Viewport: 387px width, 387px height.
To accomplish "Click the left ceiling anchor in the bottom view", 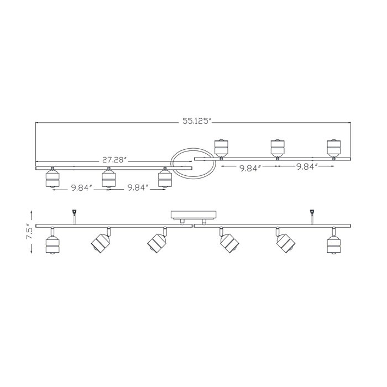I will tap(74, 215).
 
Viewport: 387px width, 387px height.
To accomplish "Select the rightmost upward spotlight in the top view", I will tap(333, 148).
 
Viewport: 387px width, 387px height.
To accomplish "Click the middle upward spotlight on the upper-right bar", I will tap(277, 148).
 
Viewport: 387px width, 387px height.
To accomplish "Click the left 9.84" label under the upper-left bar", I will tap(81, 188).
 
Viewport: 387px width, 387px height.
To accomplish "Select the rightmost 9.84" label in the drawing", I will tap(305, 168).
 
